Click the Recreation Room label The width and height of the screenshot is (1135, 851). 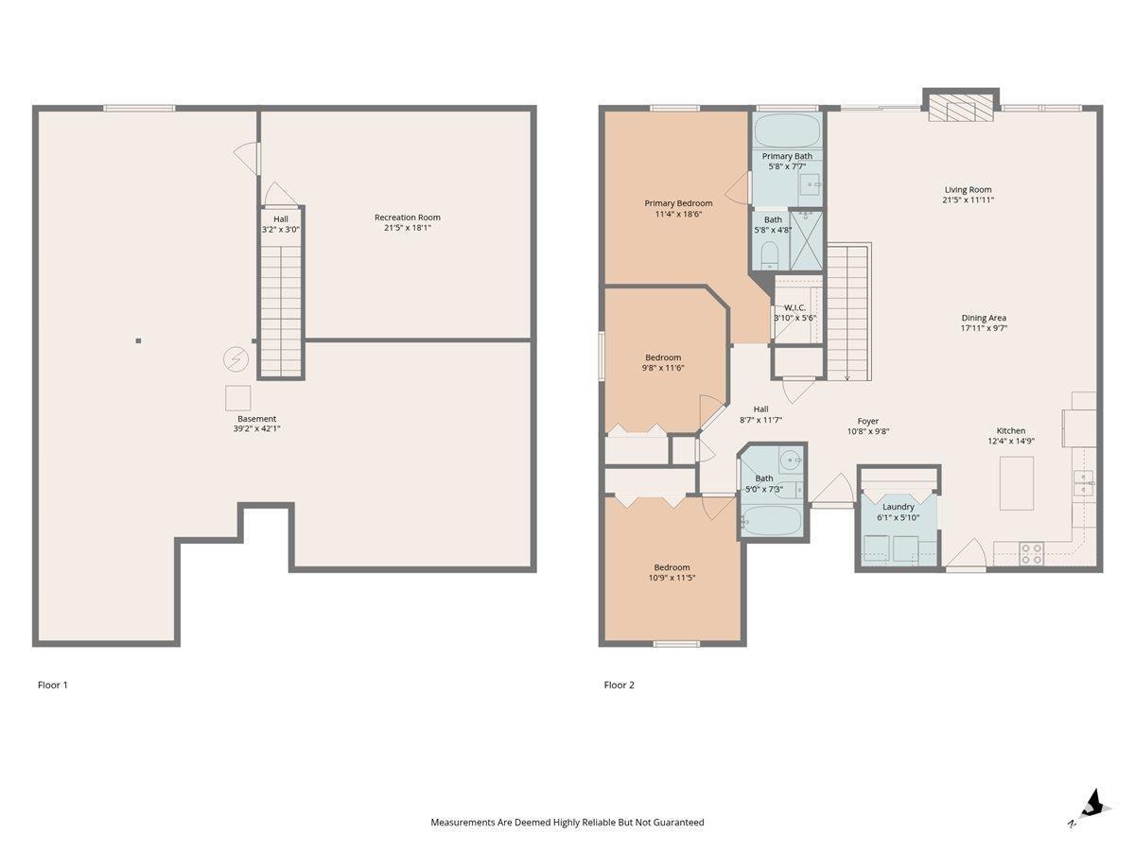407,217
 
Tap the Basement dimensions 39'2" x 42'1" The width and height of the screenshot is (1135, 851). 256,428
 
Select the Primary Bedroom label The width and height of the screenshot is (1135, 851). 678,203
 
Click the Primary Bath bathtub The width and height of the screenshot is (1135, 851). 787,130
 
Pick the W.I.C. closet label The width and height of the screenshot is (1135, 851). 794,308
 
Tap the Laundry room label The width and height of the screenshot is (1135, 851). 899,507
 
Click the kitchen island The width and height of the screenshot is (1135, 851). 1016,483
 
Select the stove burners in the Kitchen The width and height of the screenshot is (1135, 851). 1031,553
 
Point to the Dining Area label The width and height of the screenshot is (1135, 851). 984,319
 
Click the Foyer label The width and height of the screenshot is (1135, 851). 867,421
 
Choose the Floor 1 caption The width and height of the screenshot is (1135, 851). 53,686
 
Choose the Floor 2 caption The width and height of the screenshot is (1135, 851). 619,686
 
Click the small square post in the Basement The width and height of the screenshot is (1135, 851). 138,341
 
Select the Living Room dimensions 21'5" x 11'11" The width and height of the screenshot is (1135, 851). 968,200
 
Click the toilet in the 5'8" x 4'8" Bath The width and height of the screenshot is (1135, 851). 770,254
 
